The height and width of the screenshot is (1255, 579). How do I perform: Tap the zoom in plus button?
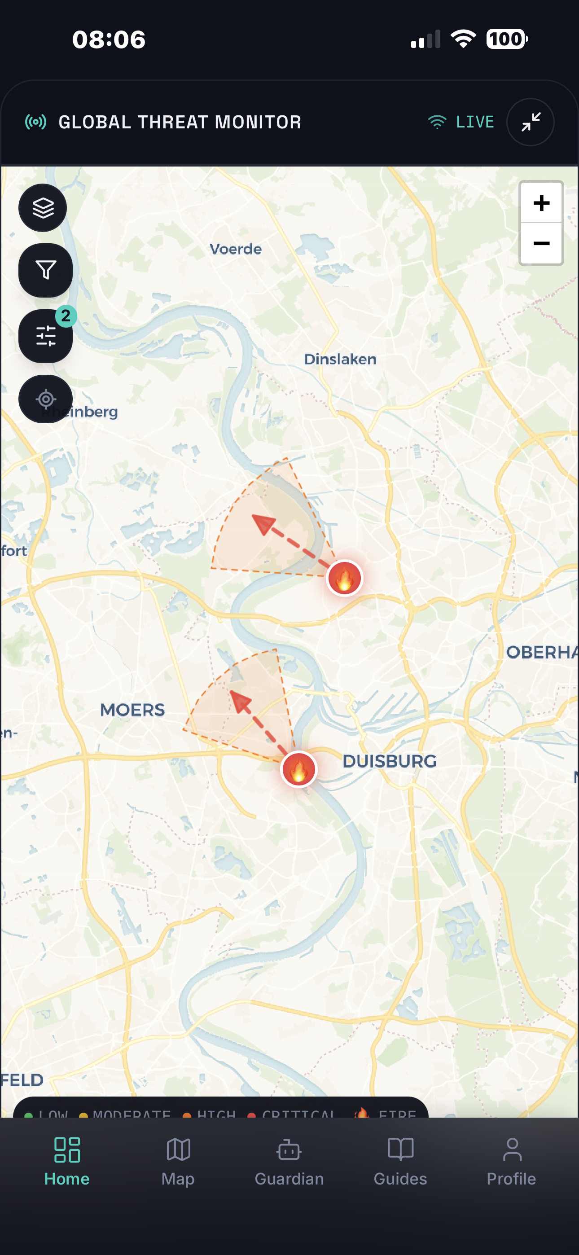click(x=541, y=203)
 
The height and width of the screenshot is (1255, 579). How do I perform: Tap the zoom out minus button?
click(x=541, y=244)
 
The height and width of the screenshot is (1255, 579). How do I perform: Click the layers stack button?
click(x=44, y=208)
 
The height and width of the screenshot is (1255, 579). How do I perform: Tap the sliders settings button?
click(x=45, y=336)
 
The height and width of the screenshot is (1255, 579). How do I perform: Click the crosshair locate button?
click(x=45, y=399)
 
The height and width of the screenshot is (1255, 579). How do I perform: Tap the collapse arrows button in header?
click(x=530, y=122)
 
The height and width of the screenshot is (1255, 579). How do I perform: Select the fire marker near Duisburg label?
click(x=299, y=769)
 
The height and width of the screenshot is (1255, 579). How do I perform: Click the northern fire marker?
click(x=345, y=578)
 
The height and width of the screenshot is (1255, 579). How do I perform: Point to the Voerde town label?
click(x=235, y=249)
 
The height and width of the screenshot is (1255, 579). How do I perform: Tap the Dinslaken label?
click(x=340, y=360)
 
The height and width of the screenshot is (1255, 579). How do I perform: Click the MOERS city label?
click(x=132, y=710)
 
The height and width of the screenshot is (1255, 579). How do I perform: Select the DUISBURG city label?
click(x=390, y=761)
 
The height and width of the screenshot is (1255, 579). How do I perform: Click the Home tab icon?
click(x=67, y=1150)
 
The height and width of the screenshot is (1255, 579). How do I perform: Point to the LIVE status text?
click(x=475, y=122)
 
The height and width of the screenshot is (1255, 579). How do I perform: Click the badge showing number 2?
click(x=66, y=316)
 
